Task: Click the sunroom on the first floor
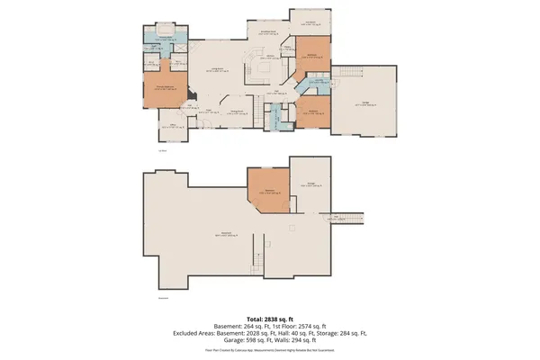pos(310,22)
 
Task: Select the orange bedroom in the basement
pos(268,191)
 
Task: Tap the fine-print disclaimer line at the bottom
pos(270,350)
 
